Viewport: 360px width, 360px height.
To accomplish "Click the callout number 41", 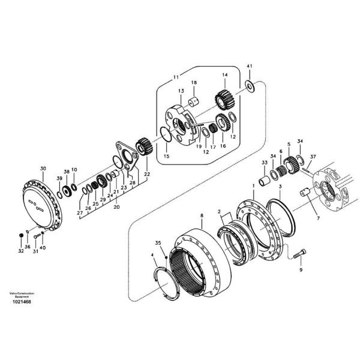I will click(250, 65).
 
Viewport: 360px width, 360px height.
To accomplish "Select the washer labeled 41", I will click(250, 86).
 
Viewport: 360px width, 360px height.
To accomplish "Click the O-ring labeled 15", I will click(166, 135).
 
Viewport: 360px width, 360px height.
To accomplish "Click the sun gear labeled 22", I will click(143, 146).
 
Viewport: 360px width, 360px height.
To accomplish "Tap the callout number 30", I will click(43, 169).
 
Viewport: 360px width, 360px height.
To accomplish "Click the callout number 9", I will click(301, 270).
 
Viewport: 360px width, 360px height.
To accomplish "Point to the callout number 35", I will click(158, 243).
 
